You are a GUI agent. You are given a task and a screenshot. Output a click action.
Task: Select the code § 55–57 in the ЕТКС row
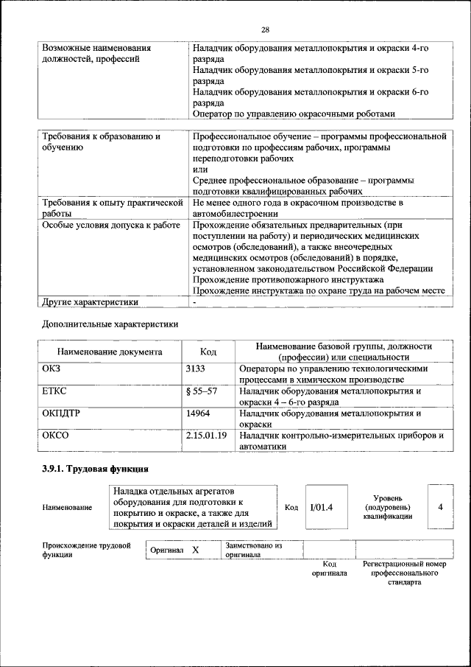pyautogui.click(x=202, y=391)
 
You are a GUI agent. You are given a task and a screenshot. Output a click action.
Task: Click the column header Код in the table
pyautogui.click(x=208, y=352)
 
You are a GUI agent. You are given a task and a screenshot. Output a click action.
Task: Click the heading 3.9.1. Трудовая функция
pyautogui.click(x=96, y=468)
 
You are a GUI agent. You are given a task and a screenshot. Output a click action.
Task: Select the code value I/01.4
pyautogui.click(x=322, y=507)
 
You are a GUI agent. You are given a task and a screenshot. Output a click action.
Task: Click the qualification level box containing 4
pyautogui.click(x=440, y=507)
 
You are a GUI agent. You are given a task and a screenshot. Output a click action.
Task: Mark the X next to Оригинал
pyautogui.click(x=196, y=551)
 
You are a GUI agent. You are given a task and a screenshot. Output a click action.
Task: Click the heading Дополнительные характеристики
pyautogui.click(x=110, y=323)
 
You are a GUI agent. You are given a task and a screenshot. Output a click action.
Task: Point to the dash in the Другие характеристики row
pyautogui.click(x=194, y=301)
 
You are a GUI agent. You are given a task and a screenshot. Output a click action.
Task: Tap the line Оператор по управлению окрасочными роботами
pyautogui.click(x=294, y=114)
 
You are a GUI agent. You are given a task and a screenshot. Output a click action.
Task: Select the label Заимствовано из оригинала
pyautogui.click(x=254, y=551)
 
